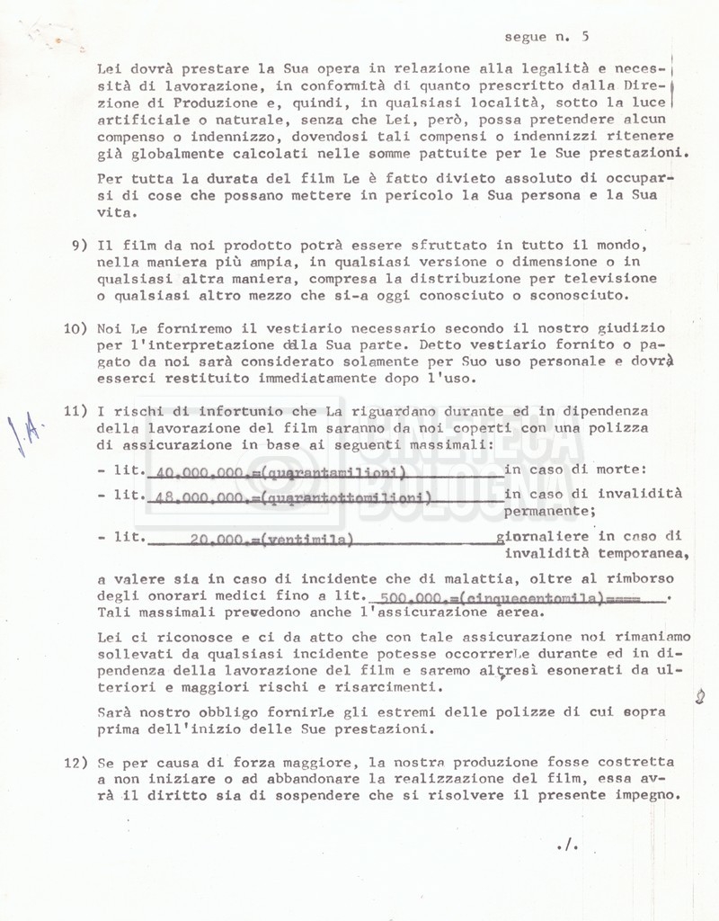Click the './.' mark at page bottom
click(x=565, y=845)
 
